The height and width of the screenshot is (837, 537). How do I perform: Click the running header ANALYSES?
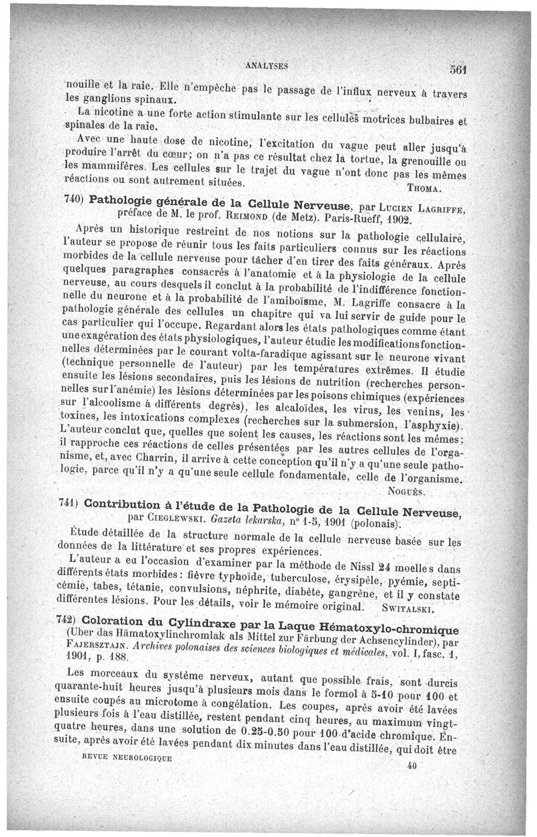click(x=267, y=66)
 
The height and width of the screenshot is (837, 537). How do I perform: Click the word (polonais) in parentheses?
click(x=369, y=523)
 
